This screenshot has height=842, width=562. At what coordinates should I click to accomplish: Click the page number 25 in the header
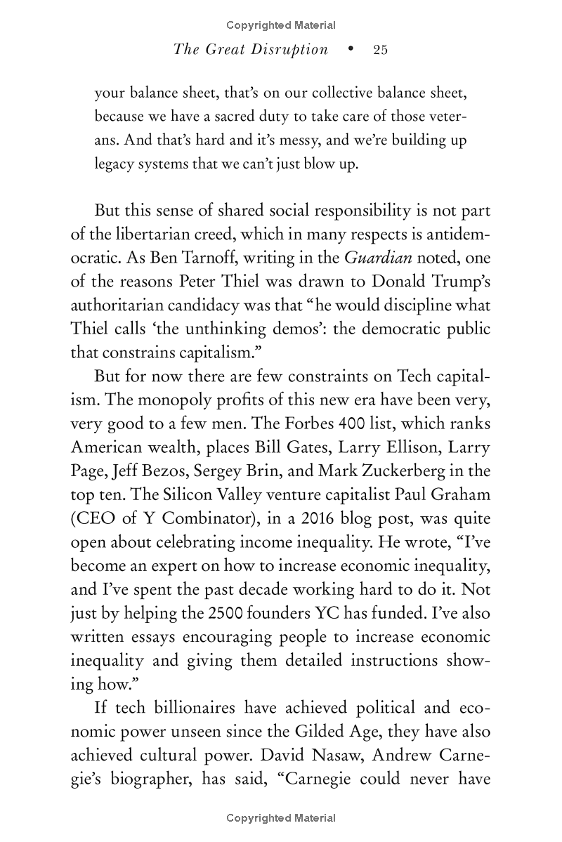(380, 50)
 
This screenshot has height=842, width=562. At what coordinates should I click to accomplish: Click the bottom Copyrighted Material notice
(281, 818)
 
